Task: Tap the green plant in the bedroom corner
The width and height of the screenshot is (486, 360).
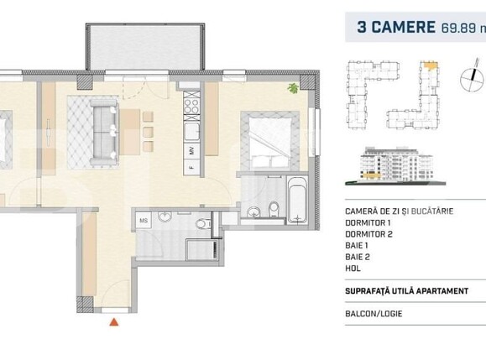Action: (293, 88)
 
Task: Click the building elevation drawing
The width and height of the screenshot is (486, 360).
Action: (395, 165)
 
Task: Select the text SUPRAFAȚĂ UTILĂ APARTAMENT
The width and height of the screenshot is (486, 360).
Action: (403, 292)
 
